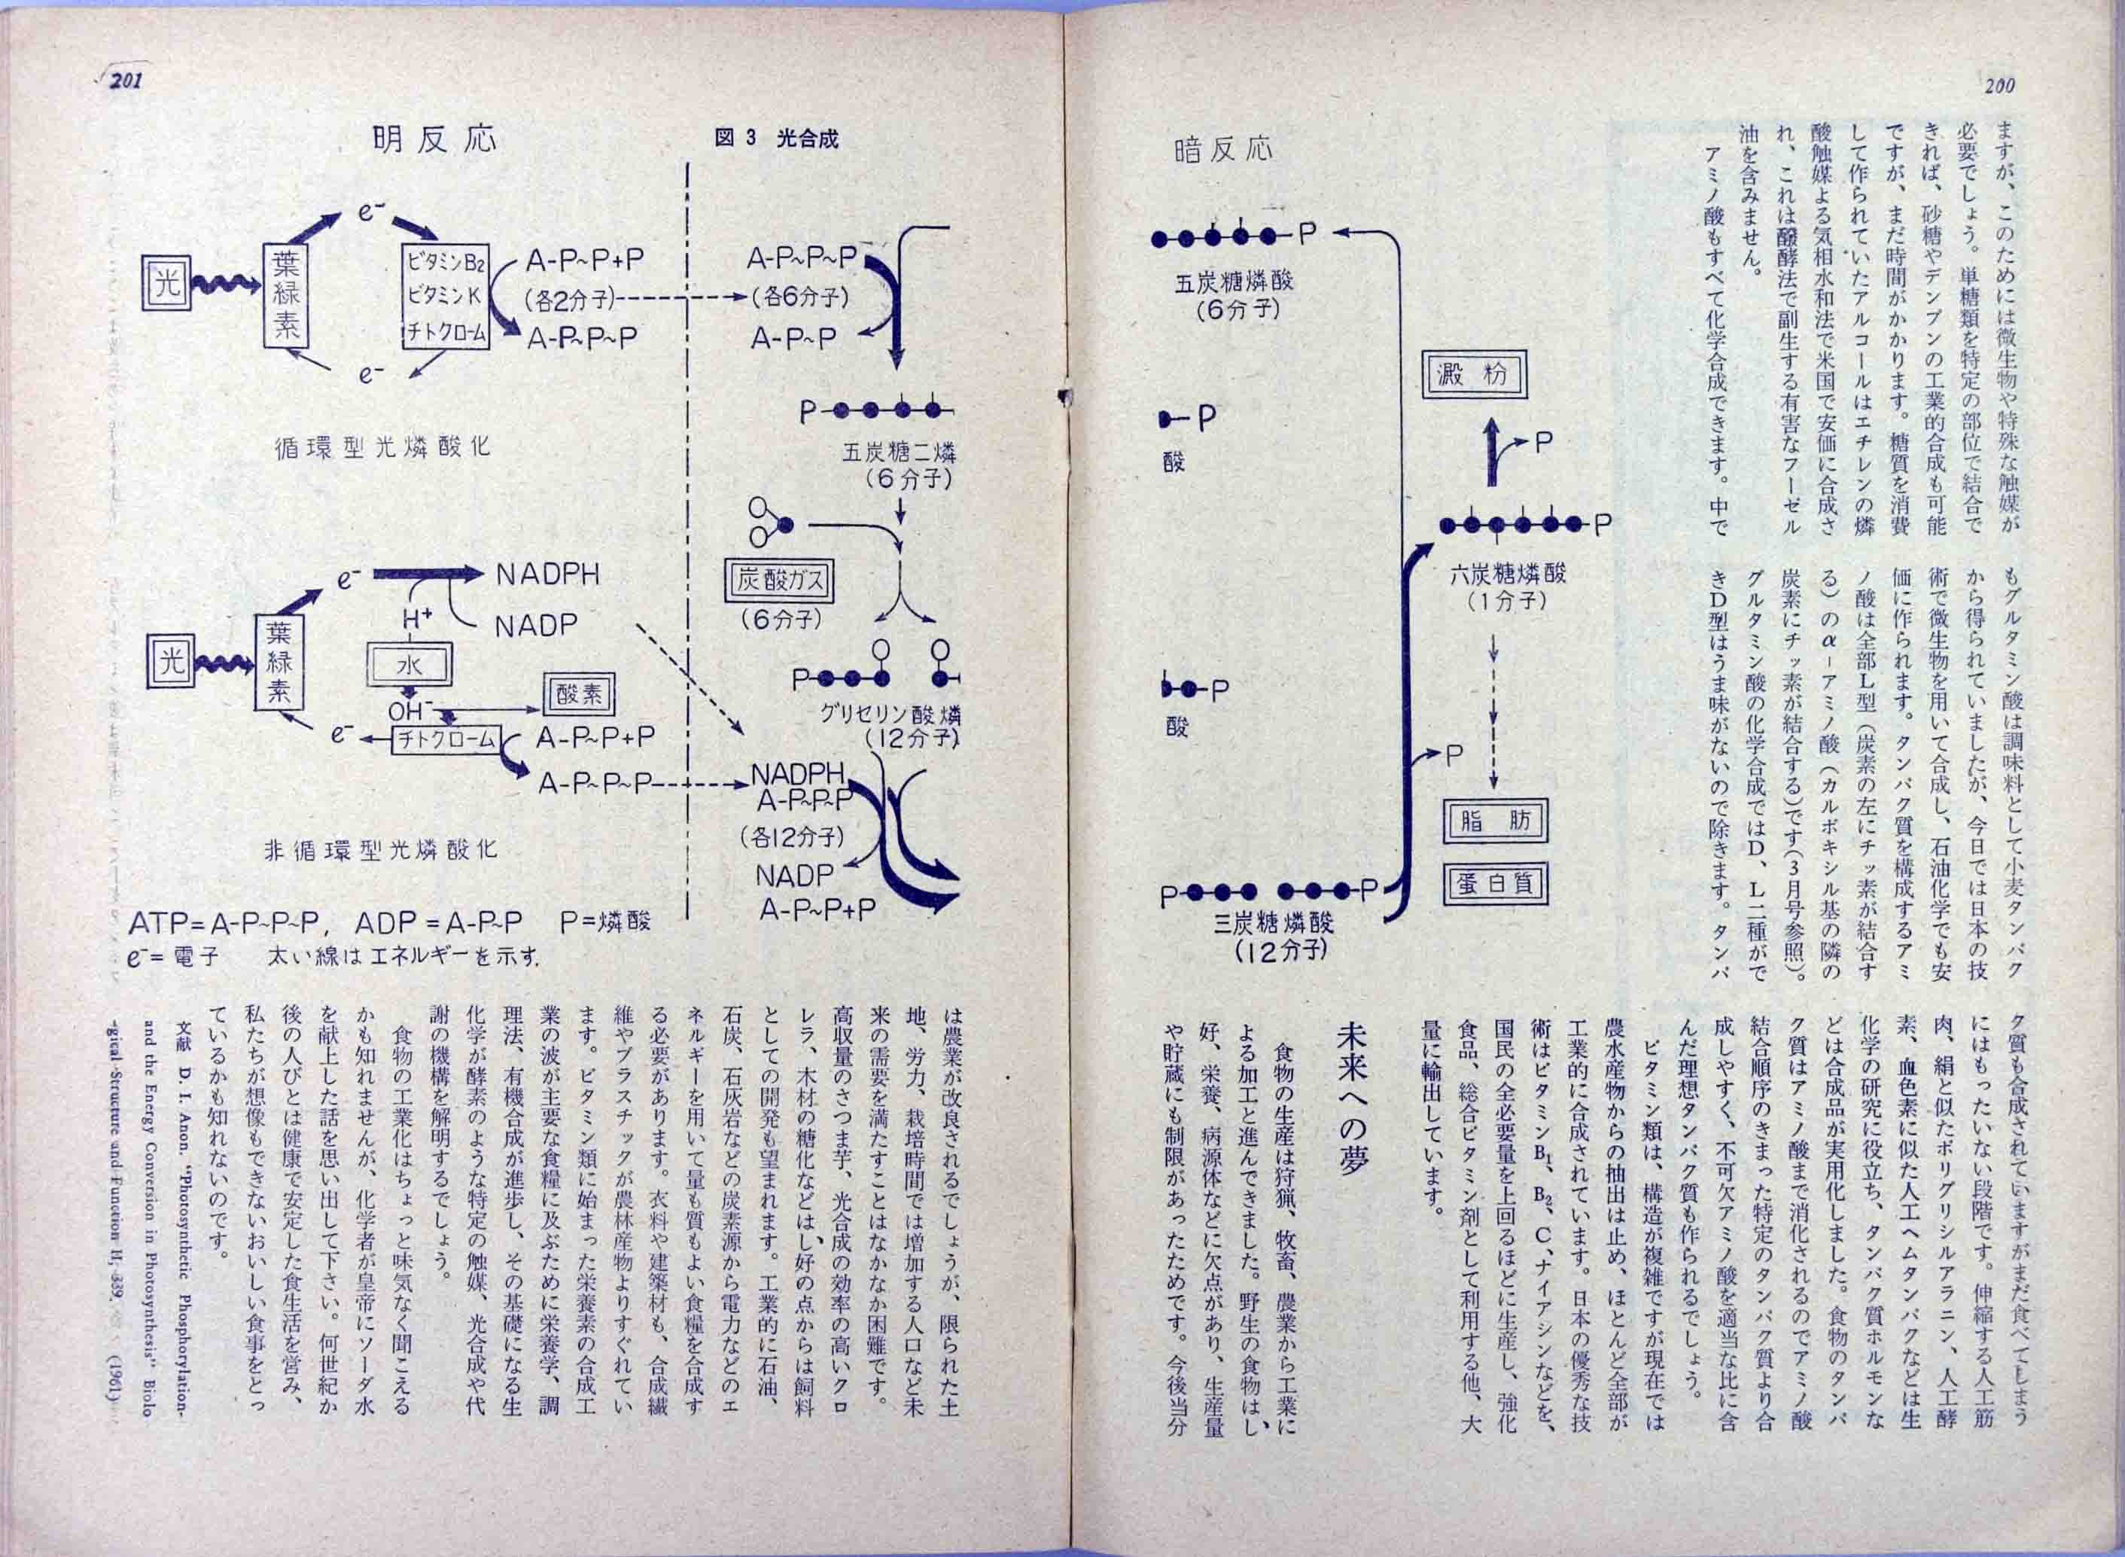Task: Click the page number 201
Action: click(x=126, y=82)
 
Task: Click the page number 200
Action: click(x=1999, y=87)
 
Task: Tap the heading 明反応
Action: click(x=434, y=141)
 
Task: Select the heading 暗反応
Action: click(x=1223, y=149)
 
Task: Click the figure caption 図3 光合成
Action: click(x=777, y=139)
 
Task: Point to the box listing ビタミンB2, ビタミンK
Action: click(x=446, y=296)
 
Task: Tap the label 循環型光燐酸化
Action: click(x=382, y=445)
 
